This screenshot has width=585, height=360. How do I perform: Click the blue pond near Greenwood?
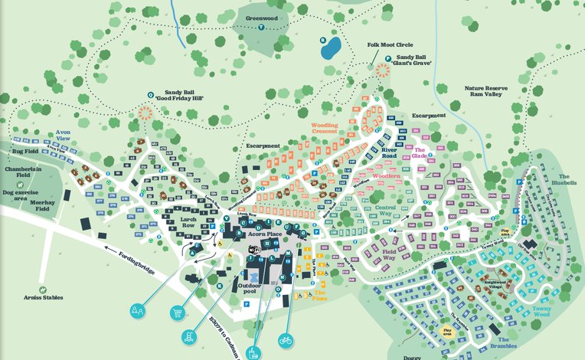coord(331,49)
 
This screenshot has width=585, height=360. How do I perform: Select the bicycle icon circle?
coord(286,339)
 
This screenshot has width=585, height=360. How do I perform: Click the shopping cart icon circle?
coord(178,312)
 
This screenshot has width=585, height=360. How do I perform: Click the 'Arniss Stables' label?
coord(43,297)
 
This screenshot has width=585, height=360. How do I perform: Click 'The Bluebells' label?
coord(562,183)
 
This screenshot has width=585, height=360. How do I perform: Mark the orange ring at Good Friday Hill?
coord(145,113)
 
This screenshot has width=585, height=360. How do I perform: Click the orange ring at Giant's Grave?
coord(381,69)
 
